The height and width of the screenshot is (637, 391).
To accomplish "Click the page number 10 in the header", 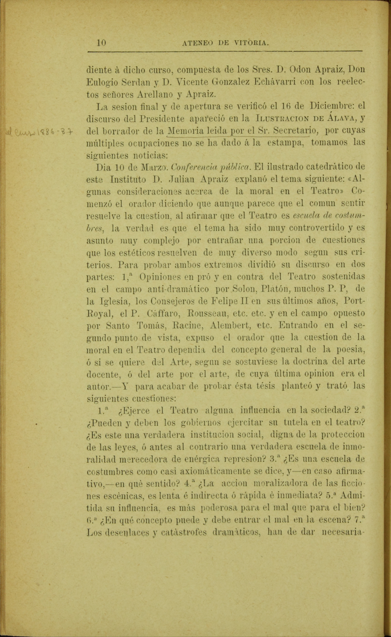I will coord(101,43).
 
